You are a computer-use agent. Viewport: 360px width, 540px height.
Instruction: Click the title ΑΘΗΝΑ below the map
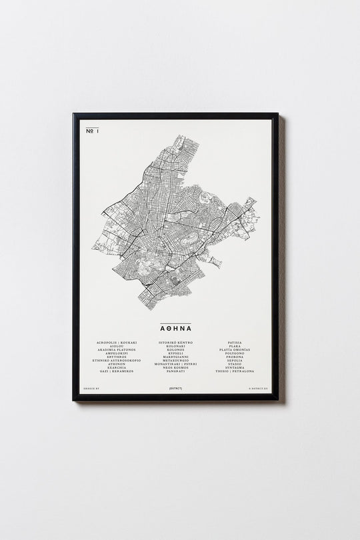pyautogui.click(x=176, y=328)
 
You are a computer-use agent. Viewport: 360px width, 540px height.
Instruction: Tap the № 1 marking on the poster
pyautogui.click(x=92, y=132)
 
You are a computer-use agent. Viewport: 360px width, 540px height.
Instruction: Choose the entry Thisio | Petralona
pyautogui.click(x=239, y=371)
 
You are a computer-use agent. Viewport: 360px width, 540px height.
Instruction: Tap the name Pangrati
pyautogui.click(x=176, y=371)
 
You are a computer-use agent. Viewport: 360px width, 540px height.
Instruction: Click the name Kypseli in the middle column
pyautogui.click(x=176, y=353)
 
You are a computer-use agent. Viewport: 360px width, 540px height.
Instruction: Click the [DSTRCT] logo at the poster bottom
pyautogui.click(x=176, y=387)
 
